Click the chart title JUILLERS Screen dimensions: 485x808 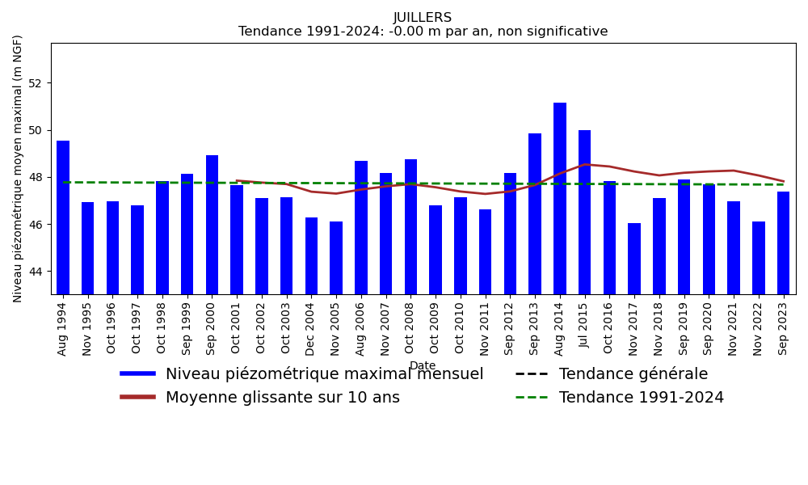[x=423, y=18]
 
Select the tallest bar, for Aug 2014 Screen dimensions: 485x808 [x=560, y=198]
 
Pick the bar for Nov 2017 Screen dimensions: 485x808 [x=634, y=259]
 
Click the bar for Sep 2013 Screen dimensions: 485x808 [x=535, y=213]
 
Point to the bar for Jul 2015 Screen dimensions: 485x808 [x=584, y=212]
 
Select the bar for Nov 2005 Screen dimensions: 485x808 [x=336, y=258]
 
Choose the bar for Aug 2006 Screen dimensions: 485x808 [x=361, y=227]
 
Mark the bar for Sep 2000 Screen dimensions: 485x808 [x=212, y=225]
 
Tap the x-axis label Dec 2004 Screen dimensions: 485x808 [x=311, y=328]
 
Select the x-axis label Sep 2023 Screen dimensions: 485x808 [x=784, y=328]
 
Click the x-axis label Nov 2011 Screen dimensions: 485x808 [x=486, y=328]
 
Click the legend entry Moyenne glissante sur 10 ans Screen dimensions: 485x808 [x=282, y=398]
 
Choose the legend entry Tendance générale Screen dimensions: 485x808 [x=633, y=374]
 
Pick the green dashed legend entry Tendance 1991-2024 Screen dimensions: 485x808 [x=641, y=398]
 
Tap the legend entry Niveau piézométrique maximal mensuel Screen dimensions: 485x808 [x=324, y=374]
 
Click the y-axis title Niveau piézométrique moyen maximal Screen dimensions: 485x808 [x=19, y=168]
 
